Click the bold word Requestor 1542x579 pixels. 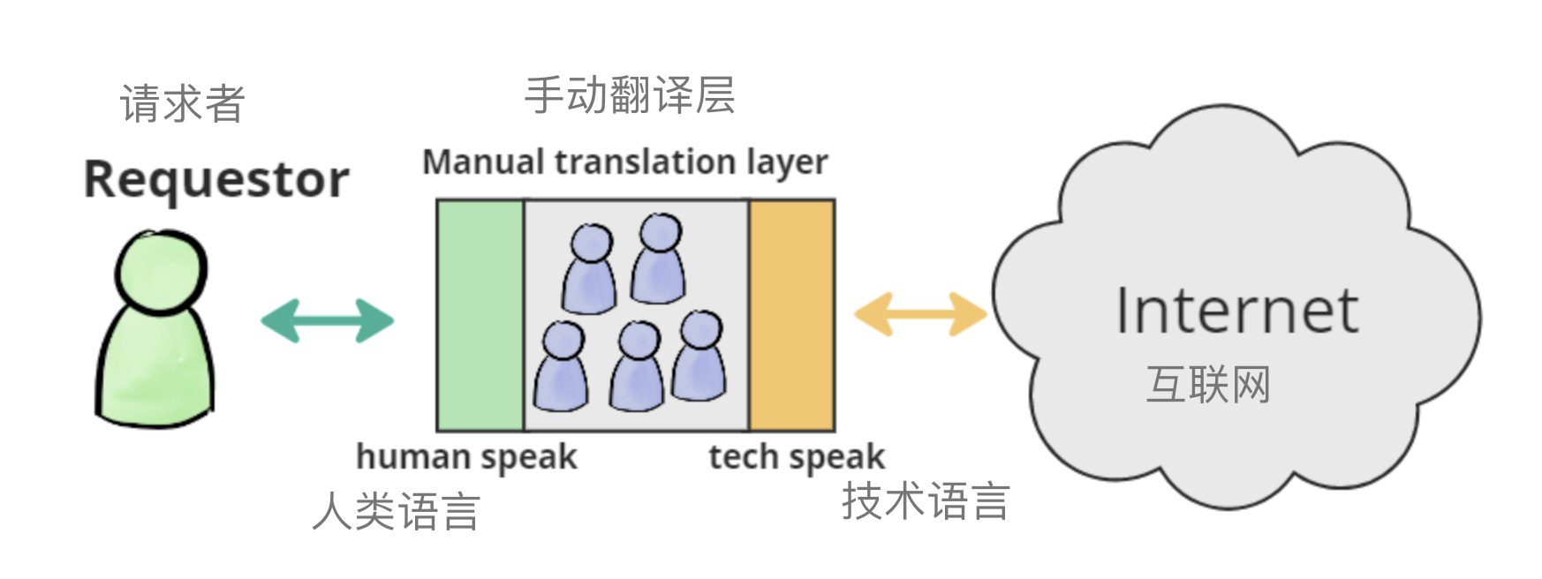(216, 180)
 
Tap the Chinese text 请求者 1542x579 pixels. (182, 104)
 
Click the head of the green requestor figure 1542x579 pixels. (161, 268)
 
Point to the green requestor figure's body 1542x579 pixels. (156, 371)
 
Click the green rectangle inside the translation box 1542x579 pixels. (480, 315)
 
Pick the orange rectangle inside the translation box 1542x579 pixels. (791, 315)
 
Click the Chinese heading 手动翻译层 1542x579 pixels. (630, 95)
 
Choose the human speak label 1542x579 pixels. (466, 457)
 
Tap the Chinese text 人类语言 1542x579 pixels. (397, 512)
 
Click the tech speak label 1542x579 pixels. (797, 457)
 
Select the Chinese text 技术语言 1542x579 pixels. (926, 501)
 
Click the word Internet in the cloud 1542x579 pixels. (1236, 311)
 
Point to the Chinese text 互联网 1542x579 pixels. (1208, 385)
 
